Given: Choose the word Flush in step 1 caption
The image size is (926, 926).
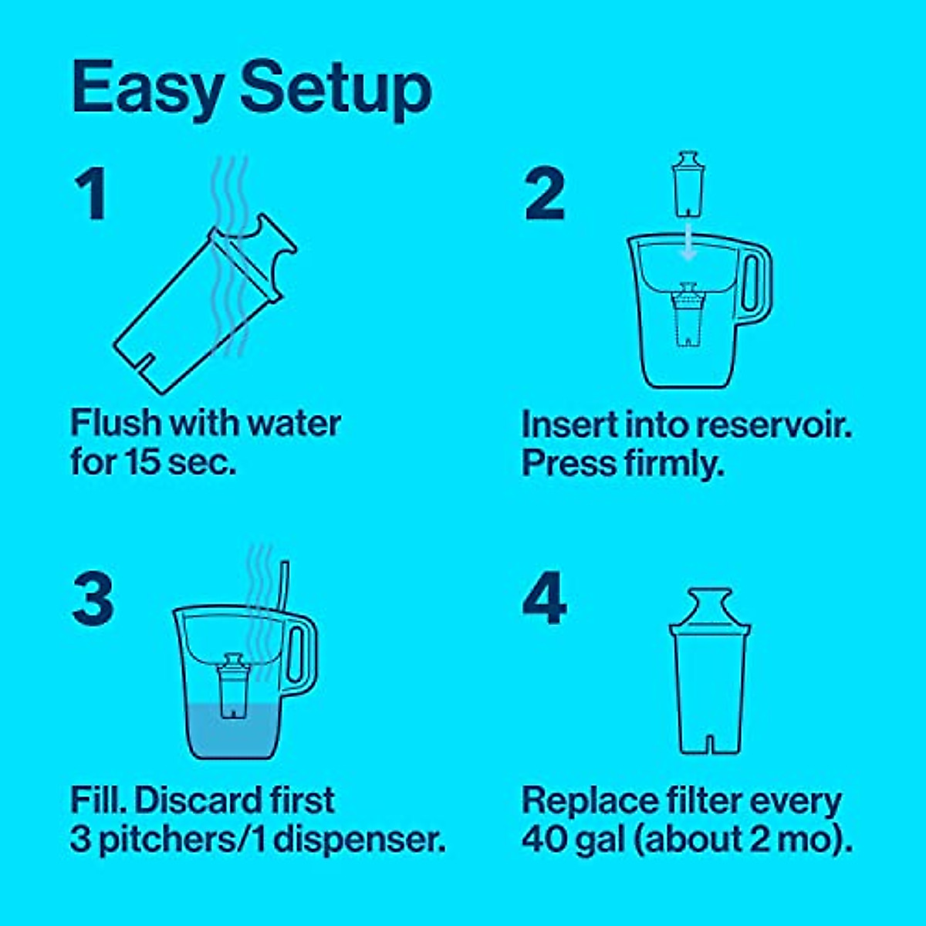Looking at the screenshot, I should [116, 424].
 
